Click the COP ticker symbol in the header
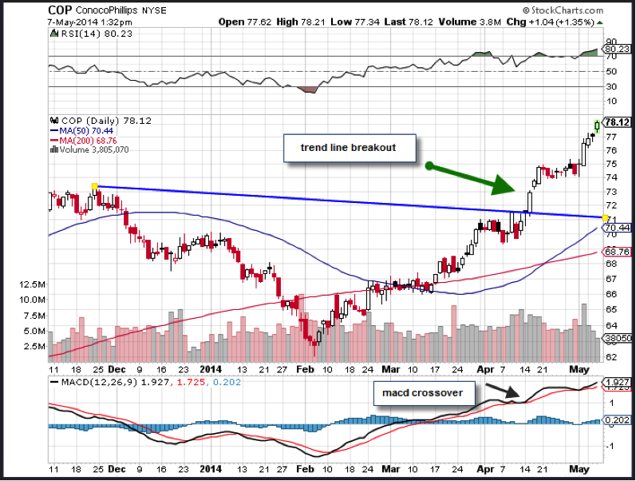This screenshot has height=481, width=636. (62, 10)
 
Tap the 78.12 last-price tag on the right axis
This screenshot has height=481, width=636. (618, 122)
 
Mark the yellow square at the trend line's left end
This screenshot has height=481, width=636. (95, 187)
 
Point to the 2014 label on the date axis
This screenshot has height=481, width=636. (211, 369)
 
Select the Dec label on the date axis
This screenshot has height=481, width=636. (117, 369)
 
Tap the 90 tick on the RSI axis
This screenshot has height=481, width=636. (611, 41)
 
